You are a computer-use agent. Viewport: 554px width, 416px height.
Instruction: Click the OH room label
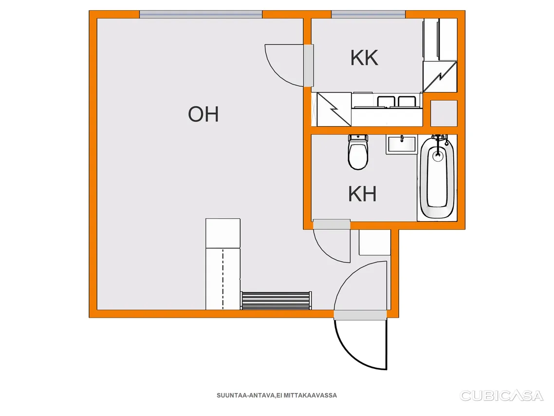click(x=203, y=114)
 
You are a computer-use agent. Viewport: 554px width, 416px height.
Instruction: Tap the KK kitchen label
click(x=364, y=57)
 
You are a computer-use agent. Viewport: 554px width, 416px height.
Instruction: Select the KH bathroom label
click(x=362, y=194)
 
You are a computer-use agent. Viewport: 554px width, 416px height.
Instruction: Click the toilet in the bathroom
click(x=358, y=151)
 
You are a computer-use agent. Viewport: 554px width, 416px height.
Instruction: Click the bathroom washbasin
click(x=402, y=144)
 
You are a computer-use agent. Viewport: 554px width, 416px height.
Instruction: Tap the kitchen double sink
click(x=397, y=102)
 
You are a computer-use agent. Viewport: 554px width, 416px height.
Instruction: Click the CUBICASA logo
click(x=501, y=396)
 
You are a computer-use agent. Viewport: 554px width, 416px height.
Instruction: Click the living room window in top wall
click(x=201, y=15)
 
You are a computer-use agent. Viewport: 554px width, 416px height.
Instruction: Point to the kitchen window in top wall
click(x=368, y=15)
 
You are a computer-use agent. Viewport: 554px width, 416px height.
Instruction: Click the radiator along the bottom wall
click(x=276, y=301)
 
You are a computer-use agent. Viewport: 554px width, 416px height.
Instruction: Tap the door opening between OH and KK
click(x=309, y=65)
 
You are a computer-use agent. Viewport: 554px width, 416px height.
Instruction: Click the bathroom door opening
click(x=332, y=225)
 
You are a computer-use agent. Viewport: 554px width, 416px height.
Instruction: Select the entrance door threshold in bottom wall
click(x=360, y=315)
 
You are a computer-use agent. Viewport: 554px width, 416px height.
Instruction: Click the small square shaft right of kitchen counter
click(x=444, y=113)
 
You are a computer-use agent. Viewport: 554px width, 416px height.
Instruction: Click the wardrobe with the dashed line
click(x=223, y=279)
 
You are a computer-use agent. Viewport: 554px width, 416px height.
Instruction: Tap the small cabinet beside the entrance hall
click(x=374, y=243)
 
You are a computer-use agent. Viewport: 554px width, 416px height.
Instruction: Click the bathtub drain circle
click(x=437, y=155)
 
